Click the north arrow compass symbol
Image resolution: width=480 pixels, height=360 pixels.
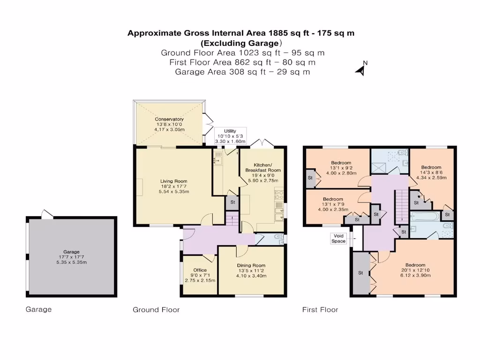click(x=361, y=69)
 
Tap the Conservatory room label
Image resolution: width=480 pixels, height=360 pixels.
click(x=169, y=120)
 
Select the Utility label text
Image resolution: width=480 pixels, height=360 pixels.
click(x=230, y=131)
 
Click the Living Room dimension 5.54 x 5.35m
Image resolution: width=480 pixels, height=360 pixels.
click(x=174, y=192)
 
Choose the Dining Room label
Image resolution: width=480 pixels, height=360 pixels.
click(x=252, y=265)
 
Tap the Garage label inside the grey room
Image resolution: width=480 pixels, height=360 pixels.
click(x=71, y=252)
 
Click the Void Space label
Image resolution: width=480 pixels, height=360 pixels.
click(x=338, y=238)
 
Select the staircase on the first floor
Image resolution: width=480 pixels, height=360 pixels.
click(x=401, y=207)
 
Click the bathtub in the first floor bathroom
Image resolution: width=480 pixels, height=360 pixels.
click(x=425, y=217)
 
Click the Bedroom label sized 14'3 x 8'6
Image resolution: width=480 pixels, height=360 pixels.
click(x=431, y=167)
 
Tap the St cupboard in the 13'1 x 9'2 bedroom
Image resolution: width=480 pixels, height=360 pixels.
click(x=310, y=178)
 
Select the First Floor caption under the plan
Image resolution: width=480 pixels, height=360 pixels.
click(x=320, y=310)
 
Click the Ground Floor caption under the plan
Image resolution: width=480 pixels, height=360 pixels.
click(x=156, y=310)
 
